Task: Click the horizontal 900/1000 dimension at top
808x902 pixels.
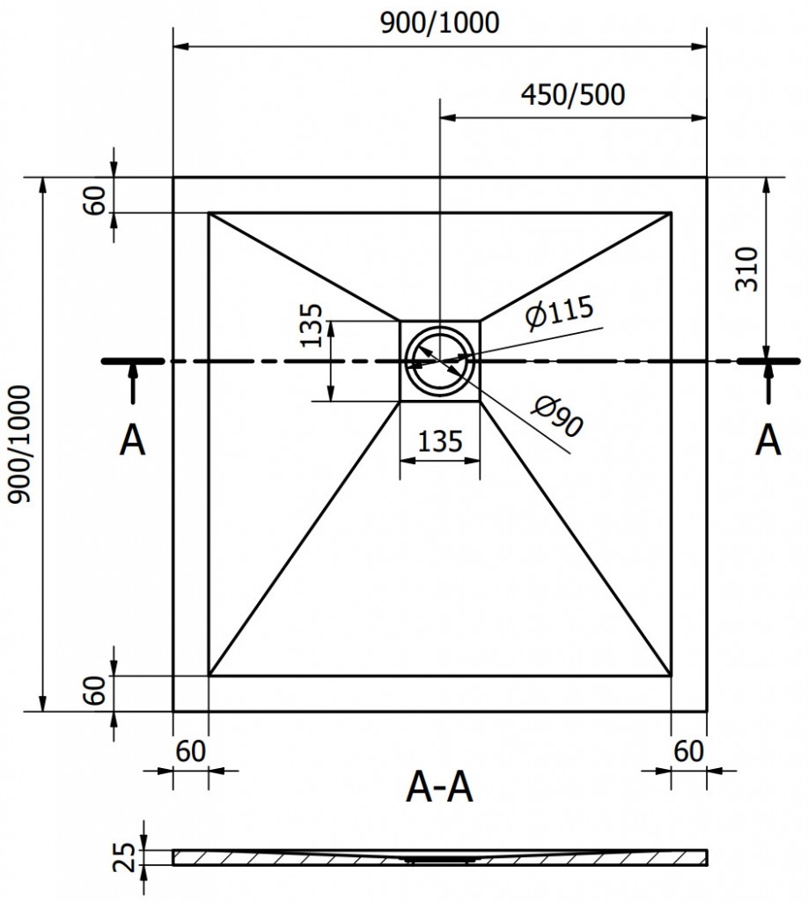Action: click(439, 23)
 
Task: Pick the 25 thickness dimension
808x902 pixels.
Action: click(126, 856)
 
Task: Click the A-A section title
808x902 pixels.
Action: click(439, 787)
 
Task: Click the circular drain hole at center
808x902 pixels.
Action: click(439, 361)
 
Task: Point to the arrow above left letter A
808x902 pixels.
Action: click(133, 386)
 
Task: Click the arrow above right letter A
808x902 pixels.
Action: click(768, 386)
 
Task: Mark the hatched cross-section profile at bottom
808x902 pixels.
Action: click(439, 856)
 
